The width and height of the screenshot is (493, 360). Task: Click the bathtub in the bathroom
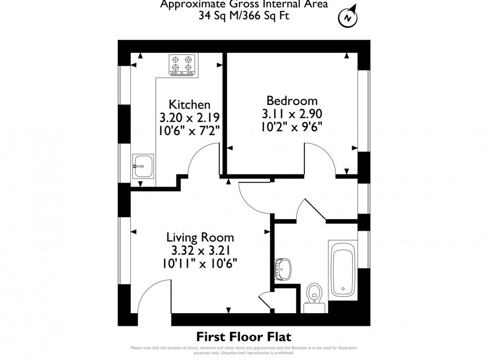[343, 267]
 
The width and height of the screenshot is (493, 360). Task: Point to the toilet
[314, 294]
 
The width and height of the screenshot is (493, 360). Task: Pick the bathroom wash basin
[283, 268]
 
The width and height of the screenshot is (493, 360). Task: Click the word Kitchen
[189, 105]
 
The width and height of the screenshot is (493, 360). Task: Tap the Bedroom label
[292, 100]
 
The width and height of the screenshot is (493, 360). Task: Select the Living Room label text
[200, 237]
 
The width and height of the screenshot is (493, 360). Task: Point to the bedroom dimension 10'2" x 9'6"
[292, 126]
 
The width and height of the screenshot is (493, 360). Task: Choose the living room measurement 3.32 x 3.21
[200, 250]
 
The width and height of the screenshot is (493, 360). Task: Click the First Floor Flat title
[244, 336]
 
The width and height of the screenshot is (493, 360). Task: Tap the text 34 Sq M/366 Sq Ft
[244, 16]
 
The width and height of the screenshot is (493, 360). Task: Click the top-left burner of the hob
[176, 58]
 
